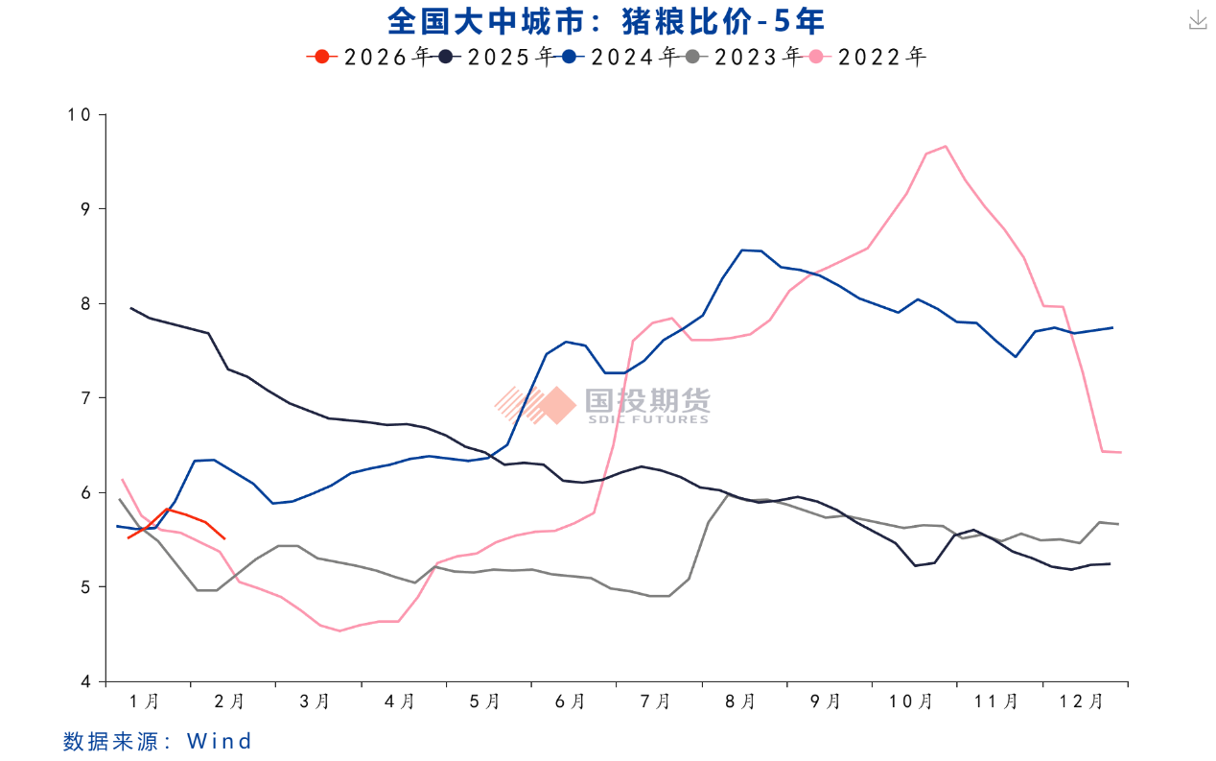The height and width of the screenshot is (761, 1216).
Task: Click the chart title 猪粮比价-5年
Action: (606, 20)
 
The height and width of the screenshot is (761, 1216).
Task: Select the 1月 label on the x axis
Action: (145, 702)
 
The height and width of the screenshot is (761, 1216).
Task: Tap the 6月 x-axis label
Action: (571, 702)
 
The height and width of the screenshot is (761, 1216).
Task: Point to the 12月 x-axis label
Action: (1082, 702)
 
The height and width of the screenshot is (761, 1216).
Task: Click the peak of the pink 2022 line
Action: (946, 146)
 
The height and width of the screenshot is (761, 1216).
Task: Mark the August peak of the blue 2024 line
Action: (744, 250)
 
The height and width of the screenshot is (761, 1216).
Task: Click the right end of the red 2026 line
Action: (223, 538)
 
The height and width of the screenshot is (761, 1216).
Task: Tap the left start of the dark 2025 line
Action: (131, 308)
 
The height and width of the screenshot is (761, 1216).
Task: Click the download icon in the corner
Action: (1198, 20)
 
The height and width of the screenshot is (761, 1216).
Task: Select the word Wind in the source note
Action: (220, 741)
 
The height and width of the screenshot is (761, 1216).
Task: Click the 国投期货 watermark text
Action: (648, 400)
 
